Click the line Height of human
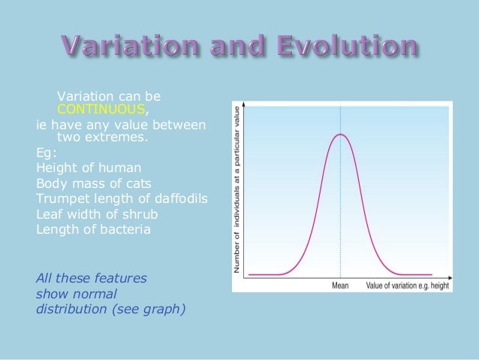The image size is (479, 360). (88, 167)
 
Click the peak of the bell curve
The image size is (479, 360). (340, 135)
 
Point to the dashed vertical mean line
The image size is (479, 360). (340, 218)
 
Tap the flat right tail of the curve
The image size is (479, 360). (417, 274)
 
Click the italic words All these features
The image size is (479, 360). (91, 278)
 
